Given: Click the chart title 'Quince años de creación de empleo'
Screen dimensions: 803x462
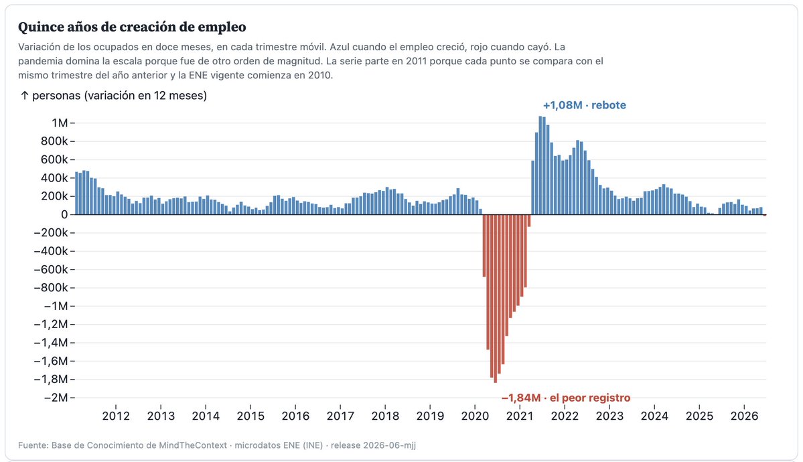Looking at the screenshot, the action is click(132, 27).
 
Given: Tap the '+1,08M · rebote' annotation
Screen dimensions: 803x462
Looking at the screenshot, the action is click(584, 105).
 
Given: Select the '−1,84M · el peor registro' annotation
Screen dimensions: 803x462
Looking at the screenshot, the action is click(566, 398).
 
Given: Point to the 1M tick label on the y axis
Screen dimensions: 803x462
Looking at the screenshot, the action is click(60, 123).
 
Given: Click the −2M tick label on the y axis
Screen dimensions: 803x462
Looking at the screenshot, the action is click(56, 398).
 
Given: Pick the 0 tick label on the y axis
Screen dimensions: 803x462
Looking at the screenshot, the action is click(64, 215).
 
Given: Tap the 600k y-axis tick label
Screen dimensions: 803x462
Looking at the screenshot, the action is click(54, 160).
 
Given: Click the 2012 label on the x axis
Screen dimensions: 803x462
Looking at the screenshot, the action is click(117, 416).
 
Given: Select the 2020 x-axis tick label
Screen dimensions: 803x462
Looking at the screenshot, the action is click(476, 416).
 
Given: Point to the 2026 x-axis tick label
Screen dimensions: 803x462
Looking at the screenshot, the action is click(745, 416).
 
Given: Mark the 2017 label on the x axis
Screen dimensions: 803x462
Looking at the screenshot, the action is click(341, 416).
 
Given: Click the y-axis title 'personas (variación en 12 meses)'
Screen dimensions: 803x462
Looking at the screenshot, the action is click(119, 96).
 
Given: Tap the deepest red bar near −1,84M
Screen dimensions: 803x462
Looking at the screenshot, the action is click(495, 299).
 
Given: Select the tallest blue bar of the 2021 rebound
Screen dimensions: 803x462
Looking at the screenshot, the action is click(540, 165).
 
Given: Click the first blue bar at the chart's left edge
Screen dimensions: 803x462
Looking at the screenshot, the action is click(77, 193).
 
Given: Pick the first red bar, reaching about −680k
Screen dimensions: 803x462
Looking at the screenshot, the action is click(484, 246).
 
